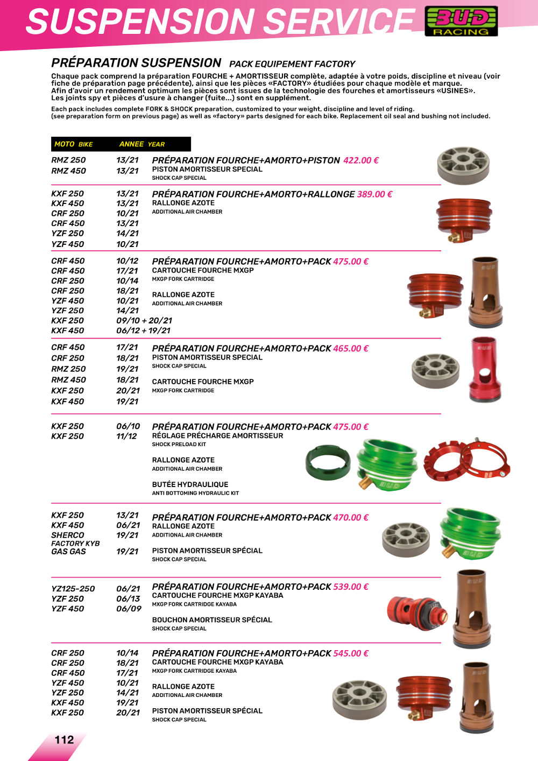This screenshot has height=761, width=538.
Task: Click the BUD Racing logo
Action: click(461, 22)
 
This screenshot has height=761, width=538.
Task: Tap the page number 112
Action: click(64, 739)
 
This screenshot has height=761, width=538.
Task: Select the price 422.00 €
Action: click(361, 160)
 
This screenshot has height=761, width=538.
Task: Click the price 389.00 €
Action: click(374, 194)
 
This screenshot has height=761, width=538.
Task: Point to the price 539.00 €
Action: click(351, 587)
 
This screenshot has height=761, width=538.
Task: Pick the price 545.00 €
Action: click(351, 653)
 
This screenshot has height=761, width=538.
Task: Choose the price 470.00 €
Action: click(351, 518)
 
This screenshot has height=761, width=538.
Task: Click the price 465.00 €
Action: click(351, 349)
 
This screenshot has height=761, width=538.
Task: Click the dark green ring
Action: click(328, 462)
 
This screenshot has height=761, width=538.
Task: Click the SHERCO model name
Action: click(68, 535)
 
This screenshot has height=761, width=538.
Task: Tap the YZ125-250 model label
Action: click(73, 589)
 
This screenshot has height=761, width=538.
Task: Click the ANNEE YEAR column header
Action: click(142, 144)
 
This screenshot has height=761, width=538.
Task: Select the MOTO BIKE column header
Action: click(74, 144)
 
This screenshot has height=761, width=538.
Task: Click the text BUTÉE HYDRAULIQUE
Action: click(190, 484)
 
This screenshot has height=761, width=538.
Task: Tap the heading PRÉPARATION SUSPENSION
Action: click(136, 63)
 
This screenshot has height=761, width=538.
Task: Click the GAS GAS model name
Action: click(68, 552)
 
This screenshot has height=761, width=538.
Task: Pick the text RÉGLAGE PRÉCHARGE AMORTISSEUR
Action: click(217, 436)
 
